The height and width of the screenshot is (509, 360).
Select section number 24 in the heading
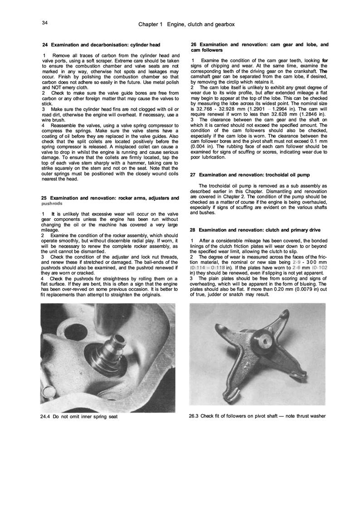click(x=45, y=44)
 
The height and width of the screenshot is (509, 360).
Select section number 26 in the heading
click(x=194, y=44)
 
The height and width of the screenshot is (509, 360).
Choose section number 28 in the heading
click(x=193, y=230)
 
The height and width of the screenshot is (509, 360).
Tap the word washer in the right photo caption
click(x=316, y=416)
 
